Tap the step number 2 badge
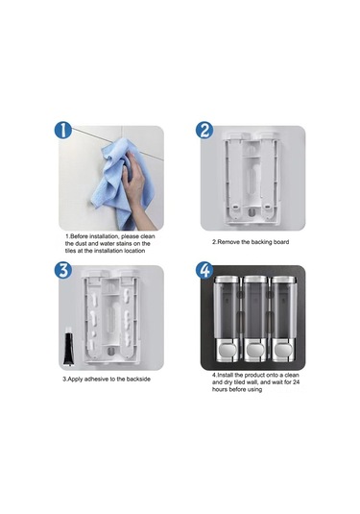204,133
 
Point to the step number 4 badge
204,271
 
